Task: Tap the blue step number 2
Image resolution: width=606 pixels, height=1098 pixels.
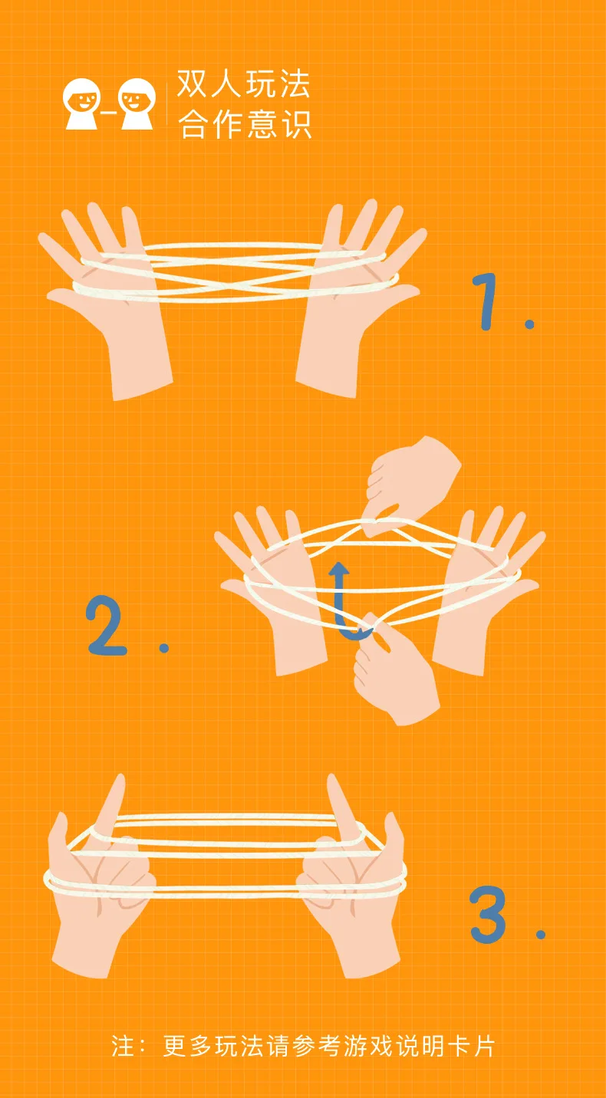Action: click(x=107, y=626)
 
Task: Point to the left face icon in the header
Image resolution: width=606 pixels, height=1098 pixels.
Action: click(x=82, y=104)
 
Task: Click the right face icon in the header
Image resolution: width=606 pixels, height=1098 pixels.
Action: click(x=137, y=104)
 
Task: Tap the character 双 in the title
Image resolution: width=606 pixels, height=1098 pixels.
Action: click(x=193, y=84)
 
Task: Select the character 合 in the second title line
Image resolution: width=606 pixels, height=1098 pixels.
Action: click(x=193, y=124)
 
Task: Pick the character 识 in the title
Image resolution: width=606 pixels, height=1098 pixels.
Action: click(x=295, y=124)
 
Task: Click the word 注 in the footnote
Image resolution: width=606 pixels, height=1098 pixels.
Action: click(x=122, y=1046)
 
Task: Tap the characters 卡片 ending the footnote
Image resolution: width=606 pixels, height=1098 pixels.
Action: click(x=471, y=1046)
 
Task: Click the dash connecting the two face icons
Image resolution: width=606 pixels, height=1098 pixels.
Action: click(x=110, y=113)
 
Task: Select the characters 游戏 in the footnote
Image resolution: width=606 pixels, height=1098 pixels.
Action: click(x=367, y=1046)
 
